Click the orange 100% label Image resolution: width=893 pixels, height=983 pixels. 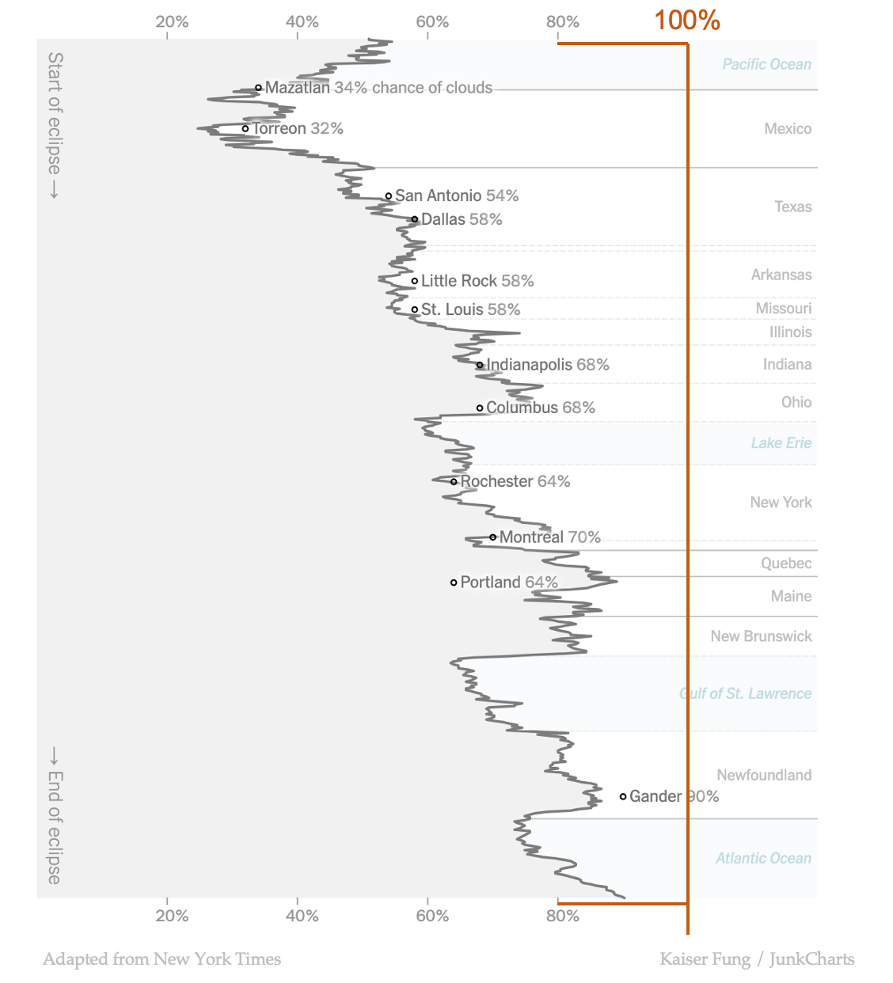[x=686, y=20]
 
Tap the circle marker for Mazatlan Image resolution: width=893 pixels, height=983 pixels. [x=258, y=88]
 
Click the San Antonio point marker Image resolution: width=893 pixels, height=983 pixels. [x=389, y=195]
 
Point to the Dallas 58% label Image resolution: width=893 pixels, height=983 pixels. [x=462, y=219]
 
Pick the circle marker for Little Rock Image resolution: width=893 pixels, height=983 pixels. [x=415, y=281]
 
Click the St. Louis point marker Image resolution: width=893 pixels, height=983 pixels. [x=415, y=309]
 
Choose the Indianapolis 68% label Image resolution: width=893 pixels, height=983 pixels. [x=547, y=365]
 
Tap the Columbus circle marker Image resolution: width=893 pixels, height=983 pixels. [x=480, y=408]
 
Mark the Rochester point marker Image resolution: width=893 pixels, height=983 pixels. [x=454, y=481]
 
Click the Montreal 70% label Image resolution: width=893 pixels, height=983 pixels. [x=549, y=537]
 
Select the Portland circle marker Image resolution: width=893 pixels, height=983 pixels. [x=454, y=583]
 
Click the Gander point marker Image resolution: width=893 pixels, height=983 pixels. [x=623, y=796]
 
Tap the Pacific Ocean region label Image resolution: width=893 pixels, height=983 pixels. [x=766, y=64]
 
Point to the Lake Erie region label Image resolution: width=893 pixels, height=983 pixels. [x=781, y=443]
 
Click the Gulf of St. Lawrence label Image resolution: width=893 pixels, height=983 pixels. [x=745, y=693]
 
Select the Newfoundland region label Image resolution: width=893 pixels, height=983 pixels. [x=763, y=775]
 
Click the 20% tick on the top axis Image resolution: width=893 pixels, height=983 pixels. [x=172, y=21]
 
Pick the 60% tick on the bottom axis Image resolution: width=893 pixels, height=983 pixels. [x=432, y=916]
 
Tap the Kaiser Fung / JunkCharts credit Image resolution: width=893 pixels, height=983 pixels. [x=757, y=959]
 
